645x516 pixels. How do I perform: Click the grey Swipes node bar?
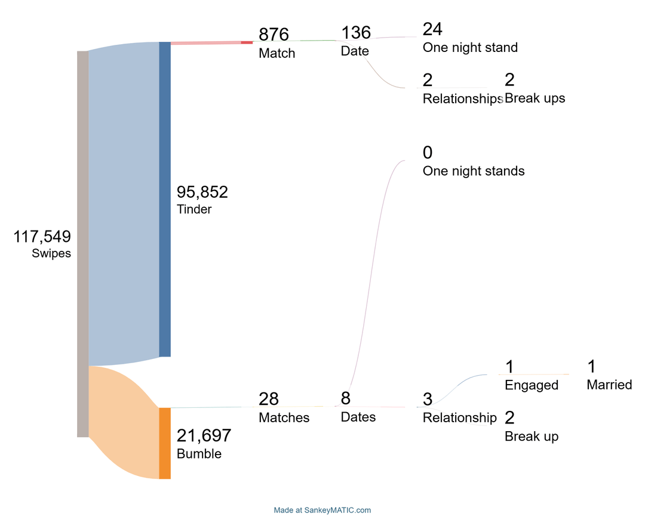coord(82,244)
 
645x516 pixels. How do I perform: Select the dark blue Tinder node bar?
coord(165,199)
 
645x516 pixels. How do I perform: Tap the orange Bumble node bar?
coord(165,443)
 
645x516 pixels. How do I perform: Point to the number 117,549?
coord(42,237)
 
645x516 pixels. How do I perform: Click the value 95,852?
coord(202,192)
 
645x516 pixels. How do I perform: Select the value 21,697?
coord(204,436)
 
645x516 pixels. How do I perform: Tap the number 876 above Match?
coord(274,35)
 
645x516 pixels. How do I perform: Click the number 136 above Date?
coord(356,33)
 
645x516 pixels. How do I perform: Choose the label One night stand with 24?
coord(470,47)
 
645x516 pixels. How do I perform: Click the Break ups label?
coord(535,98)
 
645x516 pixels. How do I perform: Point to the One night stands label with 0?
coord(474,171)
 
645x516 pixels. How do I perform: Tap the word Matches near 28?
coord(284,417)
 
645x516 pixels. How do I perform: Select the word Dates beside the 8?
coord(358,416)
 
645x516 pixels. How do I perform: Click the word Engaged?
coord(532,385)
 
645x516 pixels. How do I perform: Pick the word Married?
coord(609,385)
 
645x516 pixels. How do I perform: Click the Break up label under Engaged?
coord(532,436)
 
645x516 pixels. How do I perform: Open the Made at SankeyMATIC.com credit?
coord(322,510)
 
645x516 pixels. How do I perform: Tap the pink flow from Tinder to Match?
coord(206,42)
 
